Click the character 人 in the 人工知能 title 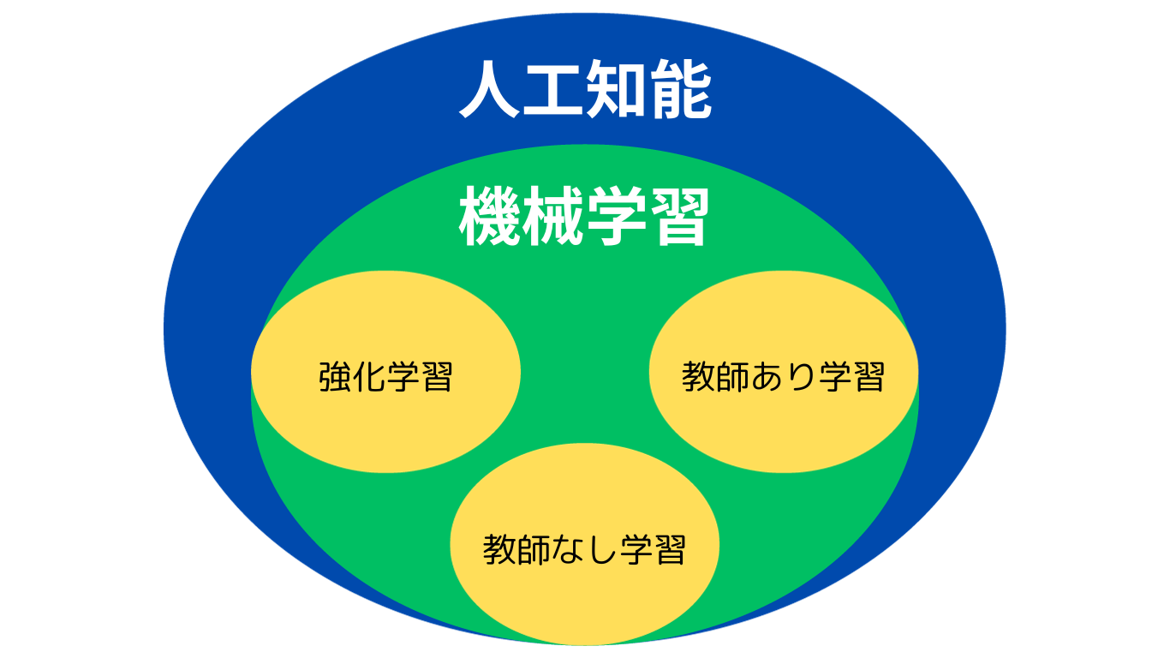(x=489, y=89)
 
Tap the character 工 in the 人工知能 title (x=552, y=89)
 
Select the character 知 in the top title (x=616, y=89)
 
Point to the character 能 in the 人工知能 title (x=680, y=89)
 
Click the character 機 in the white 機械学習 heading (x=489, y=216)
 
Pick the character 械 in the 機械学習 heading (x=552, y=216)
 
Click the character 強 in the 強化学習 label (x=335, y=376)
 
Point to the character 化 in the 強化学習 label (x=369, y=376)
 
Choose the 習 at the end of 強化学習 (x=437, y=376)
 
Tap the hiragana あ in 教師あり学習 (x=767, y=376)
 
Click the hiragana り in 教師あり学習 (x=800, y=377)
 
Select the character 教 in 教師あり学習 (x=698, y=376)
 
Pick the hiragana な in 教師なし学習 (x=567, y=550)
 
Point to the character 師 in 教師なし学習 (x=534, y=550)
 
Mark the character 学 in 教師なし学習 (x=636, y=550)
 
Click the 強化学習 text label (x=385, y=376)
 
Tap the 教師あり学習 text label (x=783, y=376)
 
